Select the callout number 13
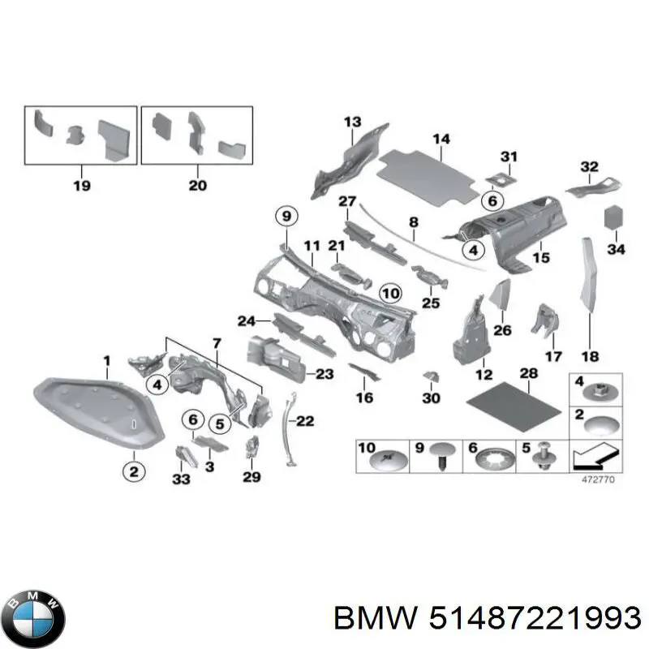click(351, 122)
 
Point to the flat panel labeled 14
click(429, 175)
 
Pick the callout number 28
click(529, 372)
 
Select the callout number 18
click(590, 355)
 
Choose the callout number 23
click(324, 374)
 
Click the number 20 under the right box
click(198, 186)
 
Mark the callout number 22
click(305, 419)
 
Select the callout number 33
click(180, 480)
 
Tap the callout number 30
click(432, 398)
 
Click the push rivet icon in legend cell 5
click(542, 459)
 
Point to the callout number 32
click(589, 167)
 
